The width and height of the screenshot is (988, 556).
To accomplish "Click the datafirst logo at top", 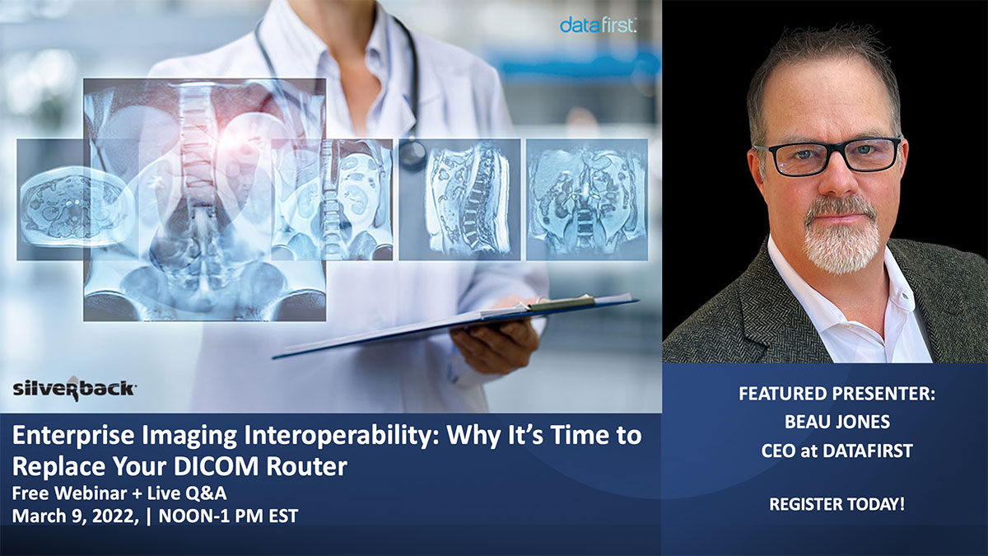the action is click(598, 25).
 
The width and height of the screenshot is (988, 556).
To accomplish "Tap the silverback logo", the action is click(74, 389).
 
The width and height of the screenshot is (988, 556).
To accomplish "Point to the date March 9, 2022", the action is click(76, 516).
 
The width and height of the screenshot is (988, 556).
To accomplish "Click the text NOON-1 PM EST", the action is click(228, 516).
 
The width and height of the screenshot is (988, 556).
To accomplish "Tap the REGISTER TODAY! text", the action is click(837, 504).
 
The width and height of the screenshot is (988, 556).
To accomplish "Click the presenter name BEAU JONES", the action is click(837, 422).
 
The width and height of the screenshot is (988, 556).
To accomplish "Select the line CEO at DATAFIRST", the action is click(837, 451).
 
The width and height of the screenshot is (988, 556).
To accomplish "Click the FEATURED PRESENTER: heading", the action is click(837, 393).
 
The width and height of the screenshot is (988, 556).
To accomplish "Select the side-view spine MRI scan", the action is click(459, 199).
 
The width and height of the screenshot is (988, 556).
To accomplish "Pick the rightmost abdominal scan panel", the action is click(587, 199).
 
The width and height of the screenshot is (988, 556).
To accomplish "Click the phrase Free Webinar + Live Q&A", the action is click(119, 493).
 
